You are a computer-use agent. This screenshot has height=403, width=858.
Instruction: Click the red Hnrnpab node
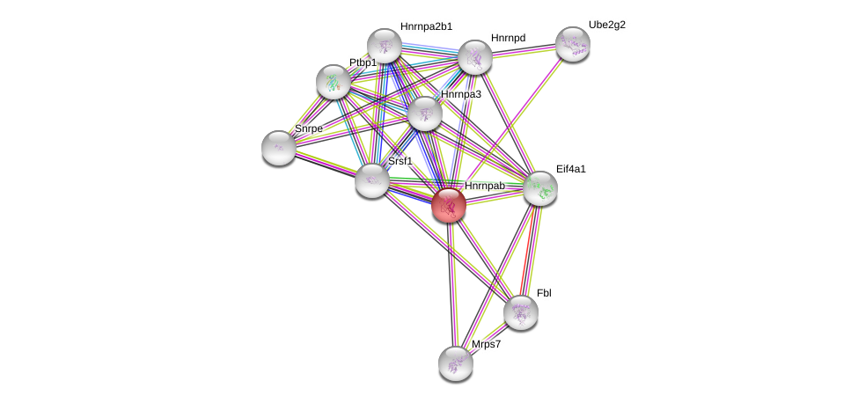(x=449, y=205)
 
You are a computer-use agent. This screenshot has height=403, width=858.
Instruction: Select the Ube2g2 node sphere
(x=572, y=43)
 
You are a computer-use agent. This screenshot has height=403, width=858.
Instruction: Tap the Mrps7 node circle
(x=456, y=362)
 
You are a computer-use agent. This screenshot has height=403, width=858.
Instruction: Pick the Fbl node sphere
(x=521, y=311)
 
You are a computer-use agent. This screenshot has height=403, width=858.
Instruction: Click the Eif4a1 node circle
(x=540, y=187)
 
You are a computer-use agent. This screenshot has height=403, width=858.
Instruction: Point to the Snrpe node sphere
(x=279, y=147)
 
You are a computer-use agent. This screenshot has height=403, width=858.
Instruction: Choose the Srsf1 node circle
(x=372, y=180)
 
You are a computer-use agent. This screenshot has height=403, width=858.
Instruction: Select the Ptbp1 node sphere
(x=334, y=81)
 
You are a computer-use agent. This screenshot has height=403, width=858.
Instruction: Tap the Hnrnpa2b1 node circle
(x=385, y=45)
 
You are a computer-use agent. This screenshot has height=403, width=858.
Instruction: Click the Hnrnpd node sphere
(x=475, y=57)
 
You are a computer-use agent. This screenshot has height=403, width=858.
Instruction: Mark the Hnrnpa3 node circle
(x=425, y=113)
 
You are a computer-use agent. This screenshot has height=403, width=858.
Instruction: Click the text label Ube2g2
(x=607, y=25)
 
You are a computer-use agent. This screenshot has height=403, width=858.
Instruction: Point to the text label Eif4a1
(x=570, y=168)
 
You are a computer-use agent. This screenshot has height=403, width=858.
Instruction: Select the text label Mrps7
(x=486, y=344)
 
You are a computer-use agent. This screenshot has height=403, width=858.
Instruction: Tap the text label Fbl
(x=544, y=293)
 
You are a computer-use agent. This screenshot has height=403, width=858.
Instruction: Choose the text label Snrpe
(x=308, y=128)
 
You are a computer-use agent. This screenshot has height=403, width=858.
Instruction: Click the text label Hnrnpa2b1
(x=426, y=26)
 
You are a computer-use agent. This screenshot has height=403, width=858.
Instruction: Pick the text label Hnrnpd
(x=508, y=38)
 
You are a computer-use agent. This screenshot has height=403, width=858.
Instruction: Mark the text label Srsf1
(x=400, y=161)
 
